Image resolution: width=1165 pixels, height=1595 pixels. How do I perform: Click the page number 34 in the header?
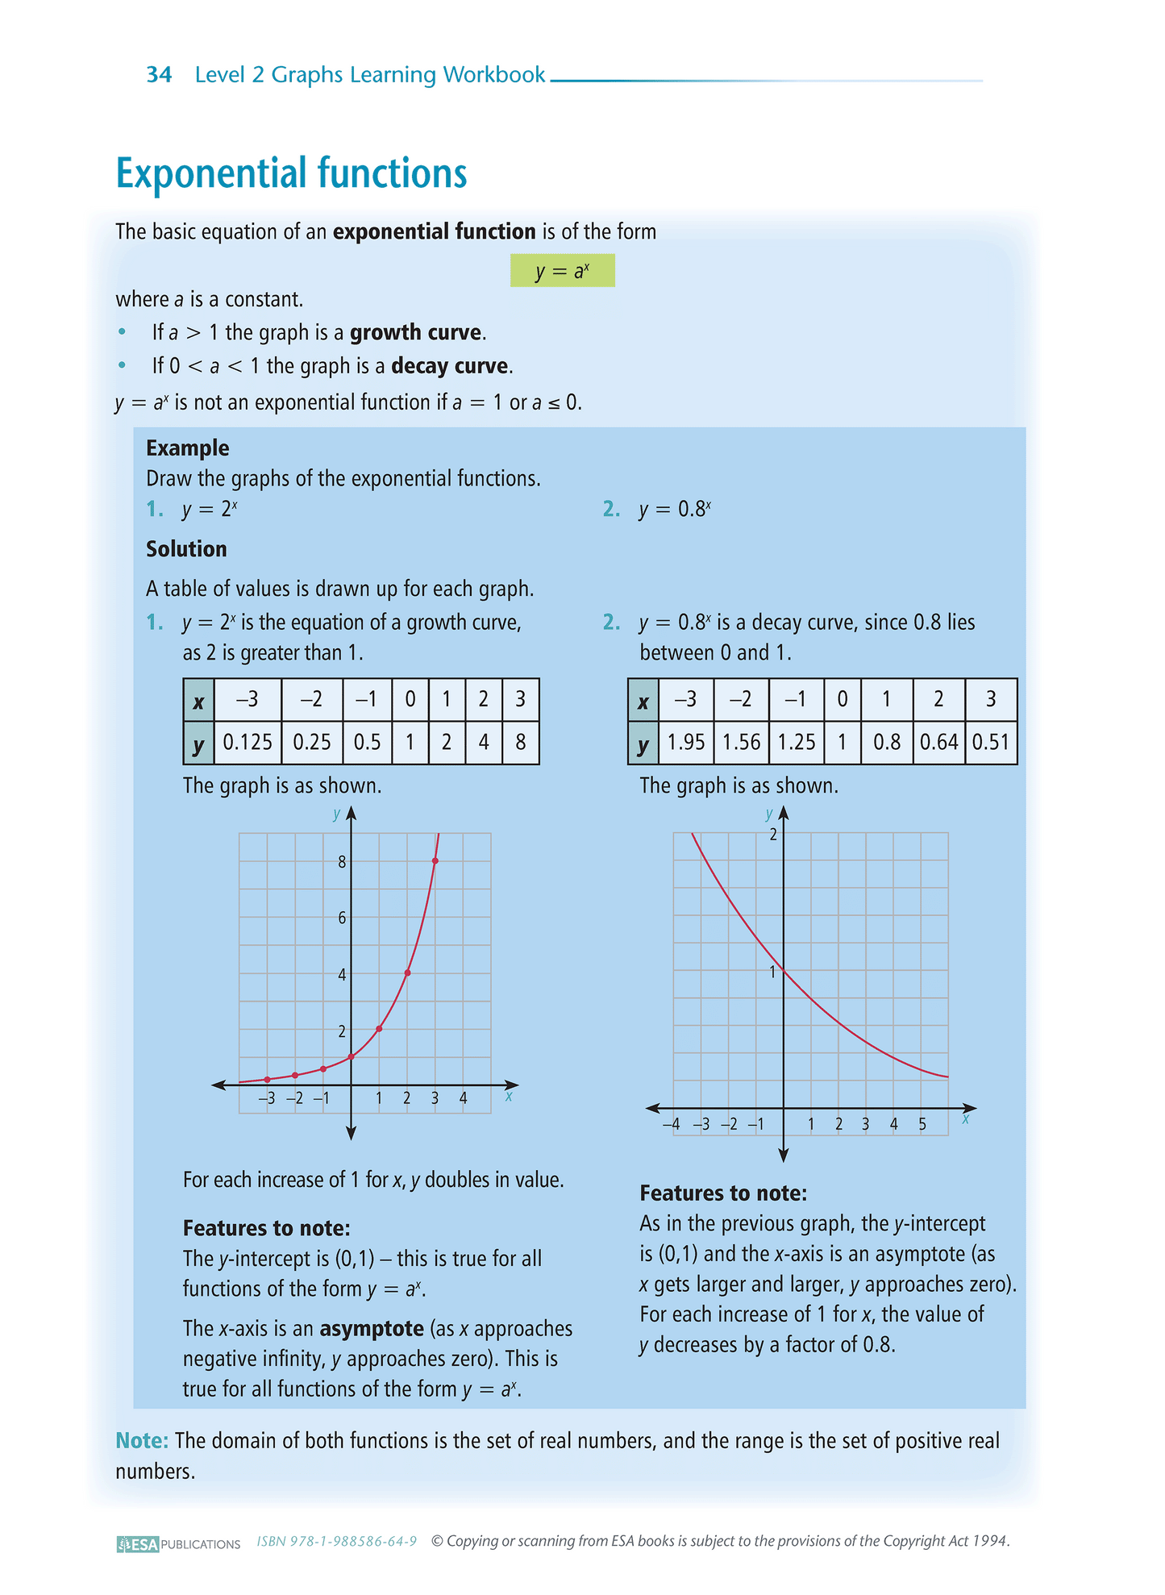[159, 75]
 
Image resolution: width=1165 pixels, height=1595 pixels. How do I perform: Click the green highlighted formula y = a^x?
[562, 271]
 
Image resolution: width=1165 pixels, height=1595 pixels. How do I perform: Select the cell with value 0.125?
[248, 742]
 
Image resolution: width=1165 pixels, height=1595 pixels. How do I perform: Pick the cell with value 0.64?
[938, 742]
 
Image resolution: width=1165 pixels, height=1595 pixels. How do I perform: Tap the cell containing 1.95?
[686, 742]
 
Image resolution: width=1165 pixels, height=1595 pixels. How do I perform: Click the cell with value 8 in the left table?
[520, 742]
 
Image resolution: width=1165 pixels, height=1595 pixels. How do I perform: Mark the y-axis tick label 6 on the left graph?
[342, 918]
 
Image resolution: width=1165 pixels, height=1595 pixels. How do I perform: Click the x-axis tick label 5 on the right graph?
[922, 1124]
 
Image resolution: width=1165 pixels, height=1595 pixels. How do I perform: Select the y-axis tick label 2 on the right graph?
[773, 835]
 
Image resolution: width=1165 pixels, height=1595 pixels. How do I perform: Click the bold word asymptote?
[372, 1328]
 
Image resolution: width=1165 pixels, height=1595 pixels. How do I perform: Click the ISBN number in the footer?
[336, 1542]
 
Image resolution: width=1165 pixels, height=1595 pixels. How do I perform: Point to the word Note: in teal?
[142, 1440]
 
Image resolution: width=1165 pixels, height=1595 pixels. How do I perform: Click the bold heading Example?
[188, 448]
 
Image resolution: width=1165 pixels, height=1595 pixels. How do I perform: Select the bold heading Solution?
[186, 549]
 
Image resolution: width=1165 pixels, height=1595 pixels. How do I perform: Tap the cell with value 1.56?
[741, 742]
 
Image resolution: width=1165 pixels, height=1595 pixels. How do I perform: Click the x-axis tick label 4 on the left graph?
[463, 1098]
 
